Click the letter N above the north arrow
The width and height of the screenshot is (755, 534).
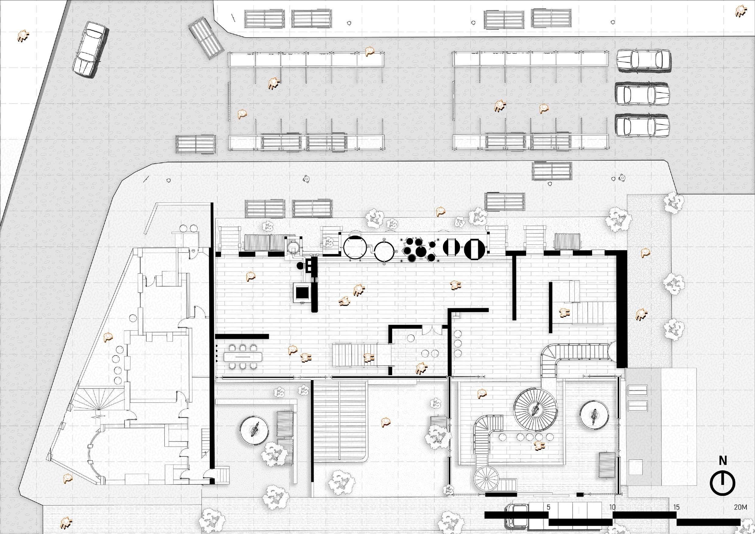coord(723,461)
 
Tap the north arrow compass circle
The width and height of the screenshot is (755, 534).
coord(722,483)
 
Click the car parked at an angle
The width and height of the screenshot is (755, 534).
coord(90,49)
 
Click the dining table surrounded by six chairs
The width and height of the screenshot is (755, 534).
coord(243,357)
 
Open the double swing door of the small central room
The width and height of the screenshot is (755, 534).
coord(432,330)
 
